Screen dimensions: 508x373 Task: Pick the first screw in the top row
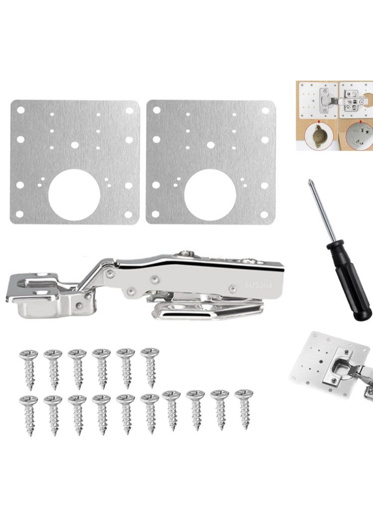(28, 369)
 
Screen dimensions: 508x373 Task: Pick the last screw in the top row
(149, 367)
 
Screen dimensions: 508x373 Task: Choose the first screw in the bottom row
(28, 413)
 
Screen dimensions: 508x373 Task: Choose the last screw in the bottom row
(244, 408)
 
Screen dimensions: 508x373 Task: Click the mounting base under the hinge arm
(209, 311)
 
